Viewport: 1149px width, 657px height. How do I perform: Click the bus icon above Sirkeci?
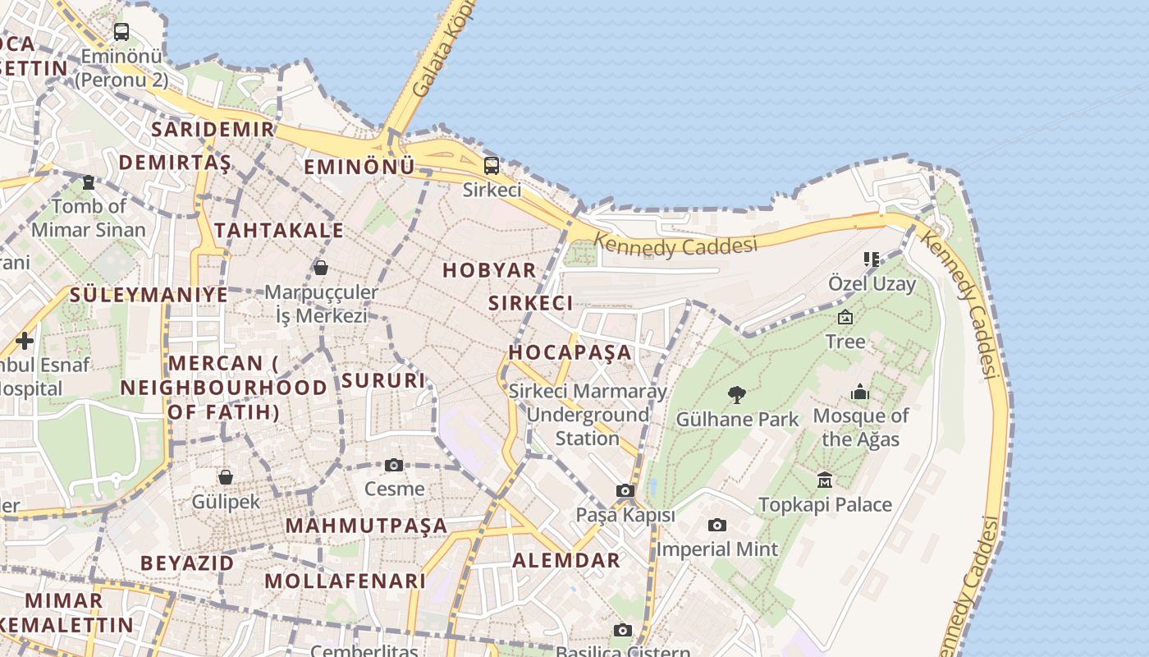pyautogui.click(x=491, y=165)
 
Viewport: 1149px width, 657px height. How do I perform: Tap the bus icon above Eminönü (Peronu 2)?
pyautogui.click(x=121, y=32)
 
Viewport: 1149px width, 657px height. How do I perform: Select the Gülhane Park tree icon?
pyautogui.click(x=737, y=395)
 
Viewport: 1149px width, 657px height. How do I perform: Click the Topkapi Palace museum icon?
pyautogui.click(x=825, y=480)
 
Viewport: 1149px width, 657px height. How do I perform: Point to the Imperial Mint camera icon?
pyautogui.click(x=717, y=525)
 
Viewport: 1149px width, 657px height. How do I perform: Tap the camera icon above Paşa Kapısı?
pyautogui.click(x=625, y=491)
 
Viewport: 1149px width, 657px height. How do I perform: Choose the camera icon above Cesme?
pyautogui.click(x=394, y=465)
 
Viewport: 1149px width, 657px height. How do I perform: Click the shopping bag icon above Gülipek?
pyautogui.click(x=226, y=477)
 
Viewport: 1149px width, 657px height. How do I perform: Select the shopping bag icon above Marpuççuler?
pyautogui.click(x=321, y=268)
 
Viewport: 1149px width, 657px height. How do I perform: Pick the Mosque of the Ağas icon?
pyautogui.click(x=860, y=392)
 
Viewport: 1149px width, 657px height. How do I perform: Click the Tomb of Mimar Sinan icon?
pyautogui.click(x=89, y=181)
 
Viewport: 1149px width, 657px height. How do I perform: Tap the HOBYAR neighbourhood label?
pyautogui.click(x=489, y=269)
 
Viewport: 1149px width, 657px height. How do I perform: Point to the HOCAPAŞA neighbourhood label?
pyautogui.click(x=570, y=352)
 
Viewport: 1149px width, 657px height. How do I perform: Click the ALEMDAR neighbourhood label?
pyautogui.click(x=566, y=560)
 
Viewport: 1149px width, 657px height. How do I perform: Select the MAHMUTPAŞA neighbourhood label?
pyautogui.click(x=367, y=525)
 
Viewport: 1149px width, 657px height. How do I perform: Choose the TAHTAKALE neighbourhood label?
pyautogui.click(x=279, y=230)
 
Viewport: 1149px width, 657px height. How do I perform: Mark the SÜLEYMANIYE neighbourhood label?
pyautogui.click(x=149, y=294)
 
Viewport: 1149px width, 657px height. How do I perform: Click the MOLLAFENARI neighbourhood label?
pyautogui.click(x=346, y=581)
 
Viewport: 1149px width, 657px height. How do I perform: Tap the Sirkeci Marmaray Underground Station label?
pyautogui.click(x=588, y=415)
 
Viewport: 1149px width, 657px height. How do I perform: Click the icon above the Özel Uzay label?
pyautogui.click(x=872, y=260)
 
